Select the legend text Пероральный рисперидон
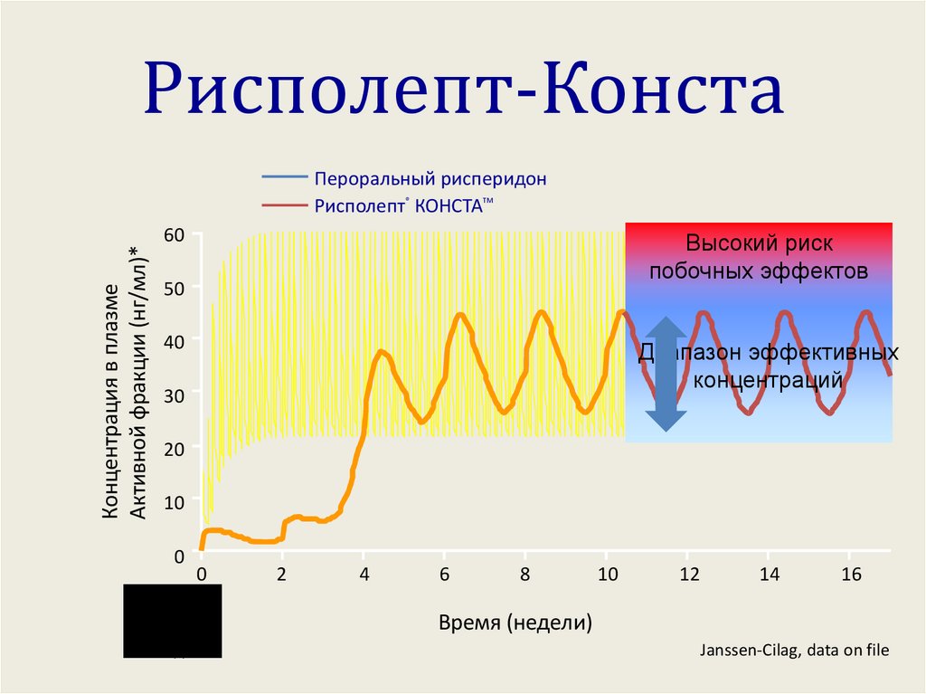(430, 178)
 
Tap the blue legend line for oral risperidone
(284, 178)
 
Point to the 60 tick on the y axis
(174, 235)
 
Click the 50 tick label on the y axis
(174, 288)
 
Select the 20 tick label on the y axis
(174, 448)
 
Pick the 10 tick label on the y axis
(174, 501)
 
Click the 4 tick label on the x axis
(363, 575)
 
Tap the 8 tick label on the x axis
(524, 575)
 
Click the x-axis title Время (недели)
(515, 623)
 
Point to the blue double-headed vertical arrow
(666, 373)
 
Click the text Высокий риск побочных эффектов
(759, 258)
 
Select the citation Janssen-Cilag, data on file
(795, 650)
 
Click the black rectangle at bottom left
(172, 620)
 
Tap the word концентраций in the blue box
(768, 380)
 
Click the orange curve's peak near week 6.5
(460, 314)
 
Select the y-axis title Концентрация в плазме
(111, 403)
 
